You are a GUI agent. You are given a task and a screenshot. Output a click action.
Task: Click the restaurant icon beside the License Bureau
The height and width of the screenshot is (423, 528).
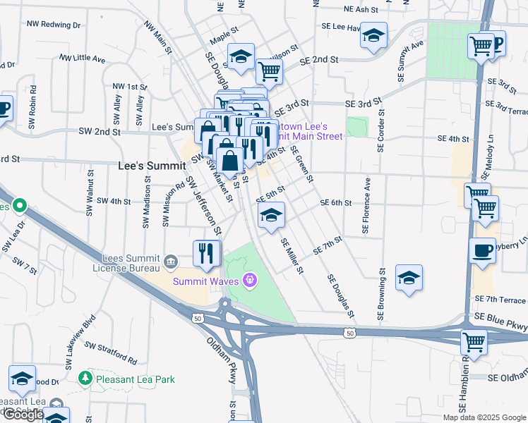[207, 252]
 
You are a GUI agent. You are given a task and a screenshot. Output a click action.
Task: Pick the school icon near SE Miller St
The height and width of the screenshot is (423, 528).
[270, 215]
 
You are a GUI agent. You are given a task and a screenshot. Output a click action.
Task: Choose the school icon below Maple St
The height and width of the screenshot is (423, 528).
[241, 56]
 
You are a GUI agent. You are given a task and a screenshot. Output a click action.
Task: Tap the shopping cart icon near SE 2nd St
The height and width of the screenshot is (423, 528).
[269, 70]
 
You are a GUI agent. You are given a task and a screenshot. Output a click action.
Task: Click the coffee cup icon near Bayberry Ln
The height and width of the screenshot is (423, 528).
[483, 251]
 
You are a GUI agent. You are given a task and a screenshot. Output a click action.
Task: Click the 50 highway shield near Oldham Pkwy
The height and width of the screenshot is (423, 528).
[197, 319]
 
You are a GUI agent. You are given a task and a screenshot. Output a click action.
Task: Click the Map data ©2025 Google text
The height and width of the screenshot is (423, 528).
[484, 417]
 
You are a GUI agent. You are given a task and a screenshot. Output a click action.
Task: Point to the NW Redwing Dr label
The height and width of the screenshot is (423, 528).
[54, 24]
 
